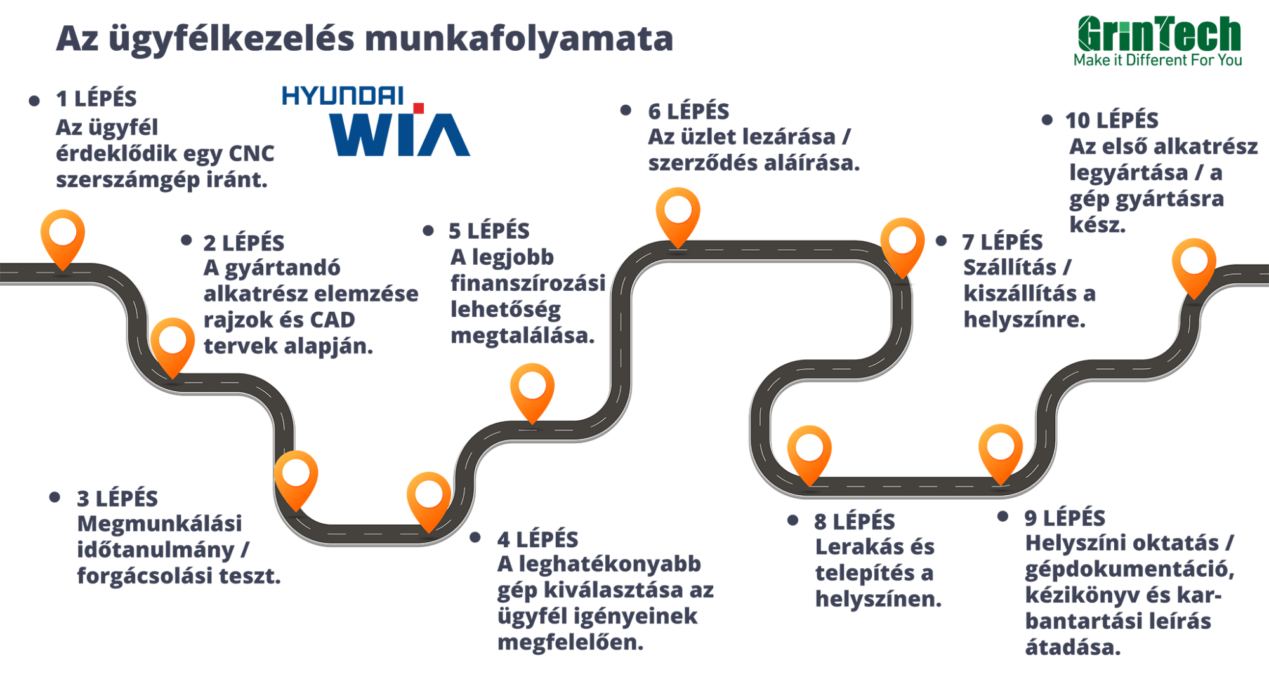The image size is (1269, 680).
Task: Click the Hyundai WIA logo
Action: click(376, 122)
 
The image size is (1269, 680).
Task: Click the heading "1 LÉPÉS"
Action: click(96, 99)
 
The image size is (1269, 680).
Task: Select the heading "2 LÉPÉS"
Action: click(244, 243)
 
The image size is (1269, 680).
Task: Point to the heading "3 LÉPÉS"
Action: click(118, 499)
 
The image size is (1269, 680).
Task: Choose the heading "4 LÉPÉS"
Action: click(538, 540)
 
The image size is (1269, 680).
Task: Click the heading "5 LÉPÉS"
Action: click(489, 231)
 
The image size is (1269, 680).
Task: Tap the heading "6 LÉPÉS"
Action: click(688, 112)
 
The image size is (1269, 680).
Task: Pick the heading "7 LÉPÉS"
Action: click(1003, 243)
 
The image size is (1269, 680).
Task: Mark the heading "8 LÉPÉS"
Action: click(855, 522)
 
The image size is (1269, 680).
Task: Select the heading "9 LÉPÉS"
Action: click(1065, 518)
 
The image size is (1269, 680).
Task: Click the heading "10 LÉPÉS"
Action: click(1112, 121)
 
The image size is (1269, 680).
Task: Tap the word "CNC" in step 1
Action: click(251, 154)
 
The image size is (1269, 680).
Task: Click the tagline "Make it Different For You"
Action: click(1158, 60)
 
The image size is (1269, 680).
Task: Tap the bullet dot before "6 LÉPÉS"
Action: click(626, 111)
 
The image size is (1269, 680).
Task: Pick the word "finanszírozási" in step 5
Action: click(528, 284)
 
